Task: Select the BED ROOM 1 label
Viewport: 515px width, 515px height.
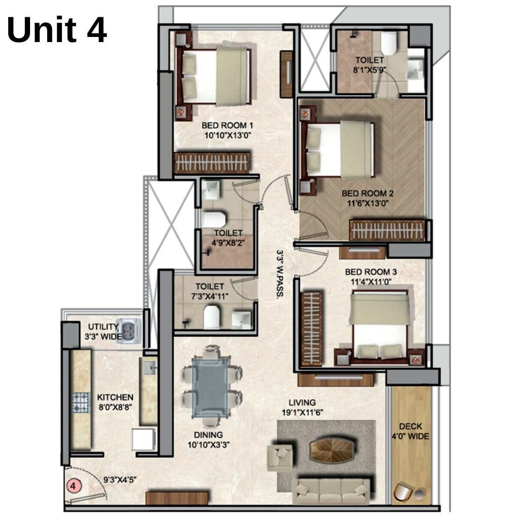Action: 227,126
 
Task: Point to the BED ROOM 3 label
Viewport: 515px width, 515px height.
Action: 371,272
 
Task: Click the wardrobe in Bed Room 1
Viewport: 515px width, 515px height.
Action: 212,163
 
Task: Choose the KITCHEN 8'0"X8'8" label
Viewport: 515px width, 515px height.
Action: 115,402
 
